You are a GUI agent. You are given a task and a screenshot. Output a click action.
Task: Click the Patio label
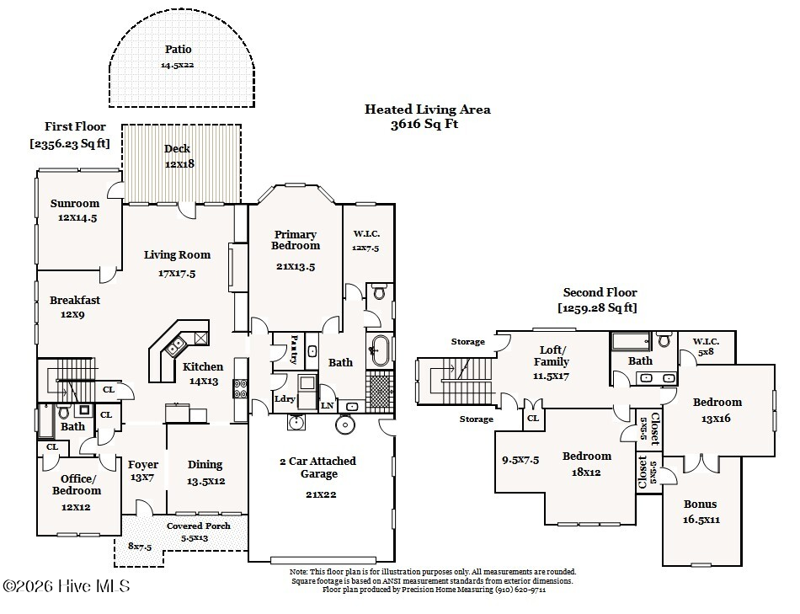click(178, 50)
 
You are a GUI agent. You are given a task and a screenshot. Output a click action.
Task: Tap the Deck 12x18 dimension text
click(179, 163)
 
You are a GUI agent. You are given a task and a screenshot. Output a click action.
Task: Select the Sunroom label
click(74, 204)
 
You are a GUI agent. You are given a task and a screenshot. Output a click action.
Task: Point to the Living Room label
click(177, 255)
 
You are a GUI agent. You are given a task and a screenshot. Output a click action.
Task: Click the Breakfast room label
click(74, 300)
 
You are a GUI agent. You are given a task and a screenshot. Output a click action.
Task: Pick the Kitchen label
click(203, 366)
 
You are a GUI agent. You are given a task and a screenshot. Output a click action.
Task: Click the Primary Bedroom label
click(295, 240)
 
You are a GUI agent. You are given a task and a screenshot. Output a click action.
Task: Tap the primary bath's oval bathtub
click(379, 349)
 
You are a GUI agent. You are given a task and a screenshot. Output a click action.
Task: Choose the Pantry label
click(295, 350)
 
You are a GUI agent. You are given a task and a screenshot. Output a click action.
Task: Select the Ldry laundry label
click(284, 398)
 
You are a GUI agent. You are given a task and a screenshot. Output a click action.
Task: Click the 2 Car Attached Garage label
click(318, 467)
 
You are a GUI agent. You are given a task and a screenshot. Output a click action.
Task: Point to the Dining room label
click(205, 464)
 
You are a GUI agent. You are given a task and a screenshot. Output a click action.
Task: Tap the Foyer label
click(142, 464)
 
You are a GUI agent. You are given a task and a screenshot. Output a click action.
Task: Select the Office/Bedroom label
click(76, 484)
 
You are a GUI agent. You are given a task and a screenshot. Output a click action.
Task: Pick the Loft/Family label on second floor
click(553, 356)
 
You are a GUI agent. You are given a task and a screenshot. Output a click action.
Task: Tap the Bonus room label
click(700, 505)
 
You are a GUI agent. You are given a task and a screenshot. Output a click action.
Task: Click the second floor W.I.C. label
click(706, 341)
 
